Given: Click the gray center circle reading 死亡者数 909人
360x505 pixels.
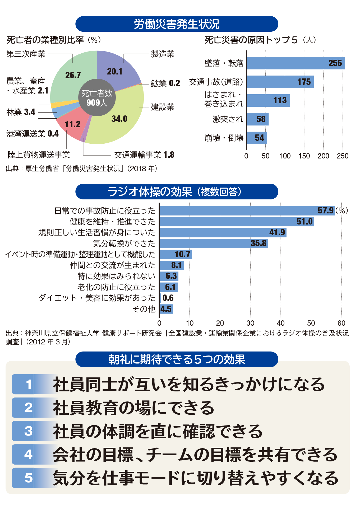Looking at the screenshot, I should point(97,97).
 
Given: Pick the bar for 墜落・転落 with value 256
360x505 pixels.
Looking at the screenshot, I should point(296,63).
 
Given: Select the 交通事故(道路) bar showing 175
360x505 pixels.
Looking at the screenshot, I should point(280,82).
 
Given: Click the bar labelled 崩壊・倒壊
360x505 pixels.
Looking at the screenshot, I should point(257,138).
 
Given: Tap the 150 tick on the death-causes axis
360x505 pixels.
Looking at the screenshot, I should point(304,156).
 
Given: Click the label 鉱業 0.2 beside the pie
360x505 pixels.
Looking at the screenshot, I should point(165,83).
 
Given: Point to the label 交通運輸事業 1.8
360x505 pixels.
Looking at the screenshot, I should point(144,155).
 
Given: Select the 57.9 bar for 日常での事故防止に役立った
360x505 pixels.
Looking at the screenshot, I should point(247,211).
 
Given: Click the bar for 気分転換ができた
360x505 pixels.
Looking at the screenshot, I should point(214,243).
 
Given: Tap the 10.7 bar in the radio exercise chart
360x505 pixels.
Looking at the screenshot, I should point(176,254).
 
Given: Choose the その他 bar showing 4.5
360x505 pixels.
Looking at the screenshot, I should point(166,309).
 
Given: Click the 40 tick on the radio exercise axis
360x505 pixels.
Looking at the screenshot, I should point(281,323).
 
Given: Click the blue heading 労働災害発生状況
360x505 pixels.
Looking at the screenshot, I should point(177,24).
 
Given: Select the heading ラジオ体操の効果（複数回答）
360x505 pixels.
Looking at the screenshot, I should point(177,191).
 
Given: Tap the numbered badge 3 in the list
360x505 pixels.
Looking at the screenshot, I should point(29,431).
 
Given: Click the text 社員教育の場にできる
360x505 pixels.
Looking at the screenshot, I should point(133,408).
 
